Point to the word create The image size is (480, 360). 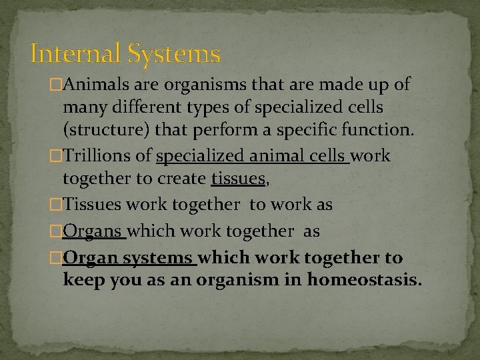[x=182, y=179]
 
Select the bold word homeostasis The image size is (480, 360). [x=364, y=279]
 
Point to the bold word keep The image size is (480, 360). [x=82, y=279]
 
